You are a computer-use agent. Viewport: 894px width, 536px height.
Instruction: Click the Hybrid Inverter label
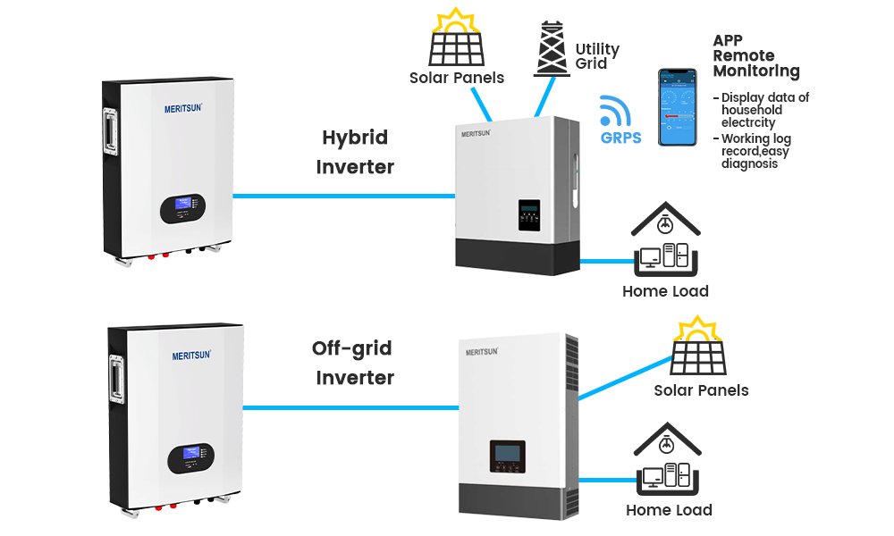(x=355, y=152)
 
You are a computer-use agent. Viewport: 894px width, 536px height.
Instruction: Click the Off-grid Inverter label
(x=354, y=363)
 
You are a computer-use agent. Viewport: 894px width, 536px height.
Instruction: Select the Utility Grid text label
(x=597, y=56)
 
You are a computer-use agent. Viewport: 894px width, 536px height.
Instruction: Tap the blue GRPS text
(x=620, y=138)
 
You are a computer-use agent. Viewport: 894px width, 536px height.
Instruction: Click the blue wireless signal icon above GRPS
(x=615, y=111)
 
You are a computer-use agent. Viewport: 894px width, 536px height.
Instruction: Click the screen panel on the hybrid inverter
(x=529, y=215)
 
